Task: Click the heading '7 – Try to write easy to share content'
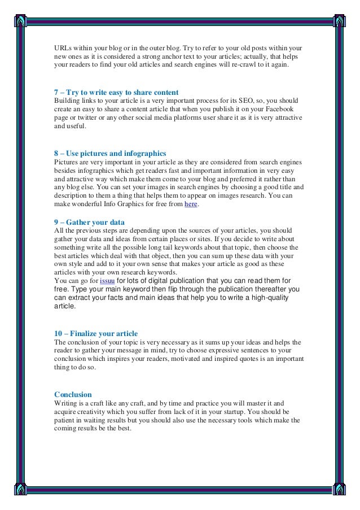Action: pyautogui.click(x=116, y=92)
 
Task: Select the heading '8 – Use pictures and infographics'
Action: pyautogui.click(x=110, y=153)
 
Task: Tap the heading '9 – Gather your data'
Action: pyautogui.click(x=89, y=222)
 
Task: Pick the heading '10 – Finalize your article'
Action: pyautogui.click(x=96, y=333)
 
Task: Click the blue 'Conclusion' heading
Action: pyautogui.click(x=73, y=394)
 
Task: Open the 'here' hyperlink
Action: pyautogui.click(x=191, y=204)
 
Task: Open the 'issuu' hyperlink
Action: pyautogui.click(x=107, y=281)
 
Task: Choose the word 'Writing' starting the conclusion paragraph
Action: pyautogui.click(x=65, y=403)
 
